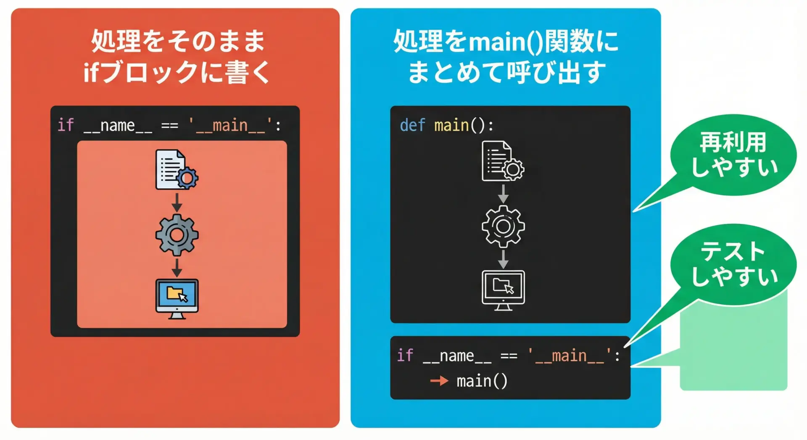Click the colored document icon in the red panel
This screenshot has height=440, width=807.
point(177,169)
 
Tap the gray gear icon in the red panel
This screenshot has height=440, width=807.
point(177,235)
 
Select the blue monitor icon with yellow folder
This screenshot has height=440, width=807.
point(177,299)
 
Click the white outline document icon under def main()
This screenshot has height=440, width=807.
point(503,161)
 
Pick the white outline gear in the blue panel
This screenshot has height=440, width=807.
point(503,226)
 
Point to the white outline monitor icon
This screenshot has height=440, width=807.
point(503,290)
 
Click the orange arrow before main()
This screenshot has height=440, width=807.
point(440,381)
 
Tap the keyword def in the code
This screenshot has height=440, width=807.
point(412,125)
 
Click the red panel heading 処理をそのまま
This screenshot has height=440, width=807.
point(178,41)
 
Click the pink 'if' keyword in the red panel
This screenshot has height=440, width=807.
point(66,125)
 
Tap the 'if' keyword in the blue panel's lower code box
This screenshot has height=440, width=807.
point(405,356)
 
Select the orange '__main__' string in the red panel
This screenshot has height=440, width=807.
point(230,125)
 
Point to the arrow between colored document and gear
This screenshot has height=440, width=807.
point(177,202)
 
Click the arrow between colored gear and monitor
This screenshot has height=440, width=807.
point(177,268)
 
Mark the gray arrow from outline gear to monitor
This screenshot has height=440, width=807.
point(503,259)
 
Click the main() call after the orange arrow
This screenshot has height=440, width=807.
point(482,381)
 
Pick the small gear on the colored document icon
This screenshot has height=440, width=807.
point(187,178)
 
